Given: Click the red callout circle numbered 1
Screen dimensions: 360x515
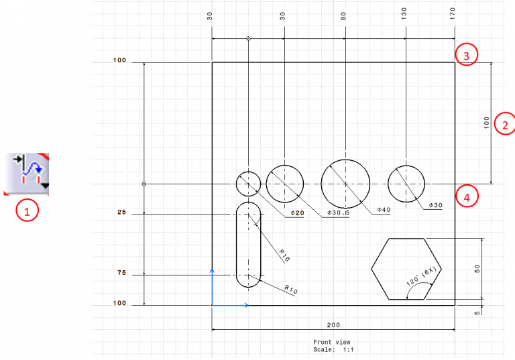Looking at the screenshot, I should pos(27,211).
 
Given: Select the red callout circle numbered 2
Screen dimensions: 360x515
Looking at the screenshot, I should pos(505,124).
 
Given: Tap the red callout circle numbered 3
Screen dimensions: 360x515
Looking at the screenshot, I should pos(466,55).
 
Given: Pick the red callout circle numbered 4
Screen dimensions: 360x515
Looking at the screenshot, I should pos(466,196).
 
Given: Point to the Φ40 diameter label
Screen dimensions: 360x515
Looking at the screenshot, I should pos(383,210).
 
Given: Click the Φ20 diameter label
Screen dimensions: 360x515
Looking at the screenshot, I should pos(298,213).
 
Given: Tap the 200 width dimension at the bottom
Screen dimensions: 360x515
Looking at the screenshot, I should pos(333,324).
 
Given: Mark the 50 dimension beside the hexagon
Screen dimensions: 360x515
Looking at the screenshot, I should pos(477,268).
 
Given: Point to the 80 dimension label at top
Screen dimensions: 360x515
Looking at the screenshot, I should pos(344,13).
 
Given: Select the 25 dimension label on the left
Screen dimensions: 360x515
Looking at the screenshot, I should pos(121,213).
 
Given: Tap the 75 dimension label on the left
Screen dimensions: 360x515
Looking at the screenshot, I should pos(121,274).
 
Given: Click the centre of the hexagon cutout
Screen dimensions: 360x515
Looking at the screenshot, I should pos(406,268).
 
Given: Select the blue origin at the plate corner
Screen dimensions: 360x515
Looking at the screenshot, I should pos(213,305).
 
